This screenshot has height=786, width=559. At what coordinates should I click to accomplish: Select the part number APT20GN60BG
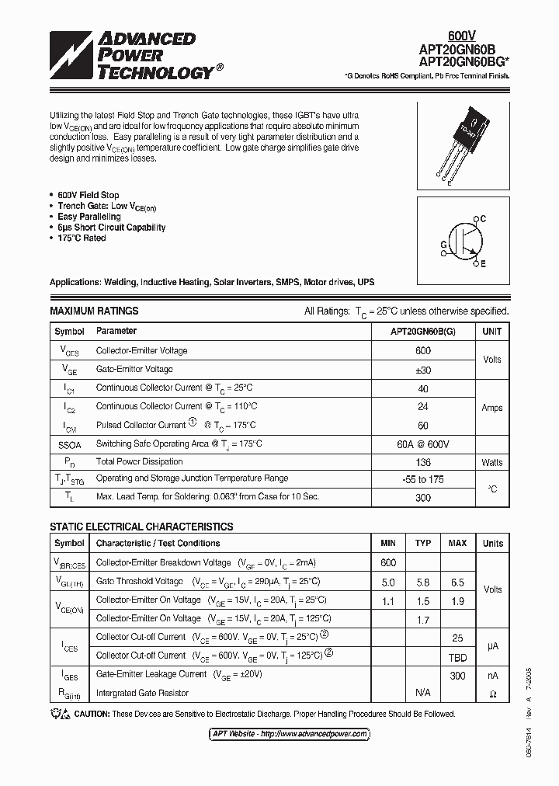463,60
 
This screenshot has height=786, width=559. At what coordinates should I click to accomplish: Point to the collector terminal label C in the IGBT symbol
482,220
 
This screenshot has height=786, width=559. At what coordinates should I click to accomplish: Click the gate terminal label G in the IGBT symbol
443,244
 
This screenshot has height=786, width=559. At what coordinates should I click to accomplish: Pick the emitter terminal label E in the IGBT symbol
482,264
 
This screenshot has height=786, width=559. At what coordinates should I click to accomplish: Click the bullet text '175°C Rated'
82,238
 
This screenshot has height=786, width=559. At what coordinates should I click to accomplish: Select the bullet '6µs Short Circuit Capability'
111,228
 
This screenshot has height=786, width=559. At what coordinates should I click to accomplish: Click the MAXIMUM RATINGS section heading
94,311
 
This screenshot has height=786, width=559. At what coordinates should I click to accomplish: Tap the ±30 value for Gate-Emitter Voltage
423,370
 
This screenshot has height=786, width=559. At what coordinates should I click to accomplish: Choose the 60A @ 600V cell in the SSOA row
423,443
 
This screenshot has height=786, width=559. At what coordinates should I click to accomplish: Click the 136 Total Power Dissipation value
423,462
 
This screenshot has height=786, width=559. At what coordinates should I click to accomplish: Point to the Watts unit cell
491,462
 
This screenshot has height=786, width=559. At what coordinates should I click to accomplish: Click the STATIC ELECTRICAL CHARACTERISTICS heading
141,527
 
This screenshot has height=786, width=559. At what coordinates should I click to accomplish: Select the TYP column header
423,544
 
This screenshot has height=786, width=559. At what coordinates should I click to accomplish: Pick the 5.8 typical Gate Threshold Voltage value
423,582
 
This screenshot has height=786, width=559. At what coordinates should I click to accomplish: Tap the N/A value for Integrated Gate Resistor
423,693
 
